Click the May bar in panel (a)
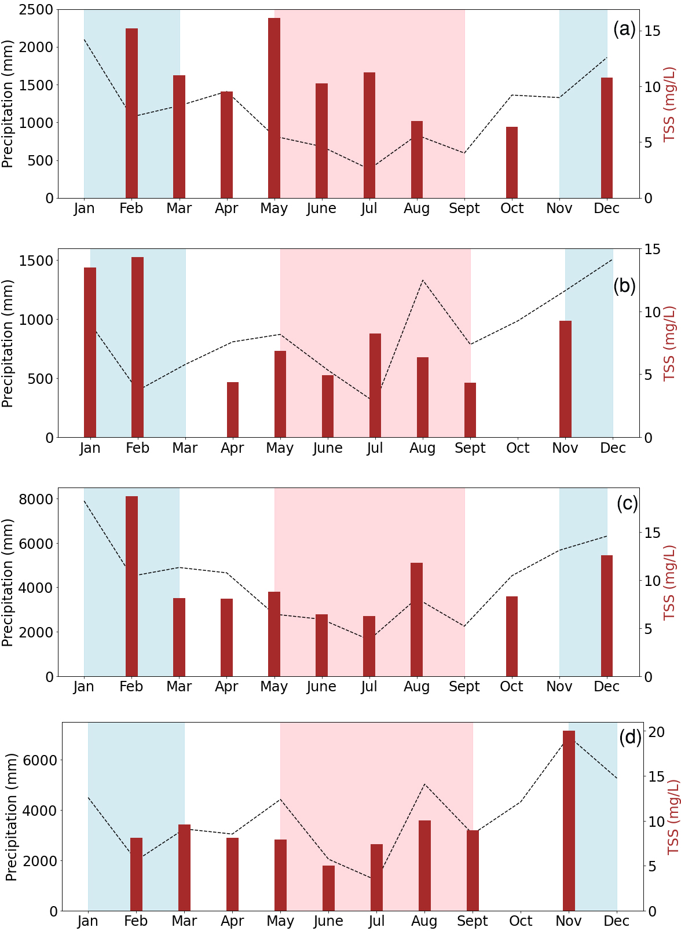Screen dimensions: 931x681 274,108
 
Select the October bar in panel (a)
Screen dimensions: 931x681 512,163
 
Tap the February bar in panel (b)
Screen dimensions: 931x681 137,347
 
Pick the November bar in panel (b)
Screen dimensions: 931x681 565,379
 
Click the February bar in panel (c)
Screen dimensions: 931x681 131,586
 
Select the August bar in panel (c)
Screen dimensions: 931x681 416,620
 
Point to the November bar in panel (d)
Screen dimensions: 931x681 569,820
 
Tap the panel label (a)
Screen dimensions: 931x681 624,28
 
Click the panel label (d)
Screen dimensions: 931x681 630,737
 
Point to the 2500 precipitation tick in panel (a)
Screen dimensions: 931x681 36,10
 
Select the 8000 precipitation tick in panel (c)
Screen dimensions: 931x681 36,499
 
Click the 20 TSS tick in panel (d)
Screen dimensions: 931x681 656,732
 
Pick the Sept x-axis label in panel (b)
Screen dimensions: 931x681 470,448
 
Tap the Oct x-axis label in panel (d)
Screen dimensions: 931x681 521,921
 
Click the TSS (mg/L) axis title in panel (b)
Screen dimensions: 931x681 669,343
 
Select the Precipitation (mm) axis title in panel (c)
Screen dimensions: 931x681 8,582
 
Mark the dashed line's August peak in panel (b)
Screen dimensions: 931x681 423,280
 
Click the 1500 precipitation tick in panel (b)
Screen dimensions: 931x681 36,261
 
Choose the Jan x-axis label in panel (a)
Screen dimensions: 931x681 84,208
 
